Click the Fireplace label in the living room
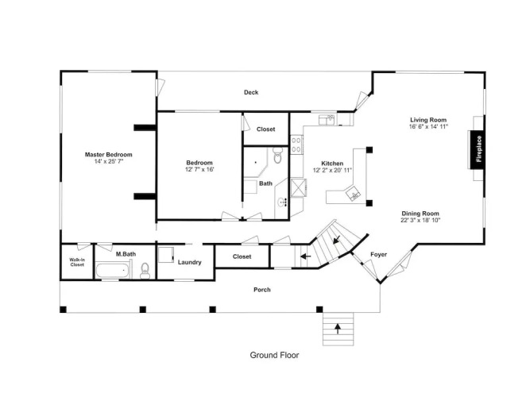tap(478, 149)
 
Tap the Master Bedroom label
tap(109, 155)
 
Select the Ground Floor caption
tap(274, 355)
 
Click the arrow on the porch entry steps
tap(338, 329)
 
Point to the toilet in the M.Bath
tap(145, 271)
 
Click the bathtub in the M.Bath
tap(112, 272)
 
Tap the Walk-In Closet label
tap(77, 262)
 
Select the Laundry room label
tap(190, 262)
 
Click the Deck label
tap(251, 92)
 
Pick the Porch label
tap(262, 290)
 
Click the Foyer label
tap(378, 254)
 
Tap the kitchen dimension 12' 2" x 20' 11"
tap(332, 170)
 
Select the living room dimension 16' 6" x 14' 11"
tap(428, 127)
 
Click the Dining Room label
tap(420, 214)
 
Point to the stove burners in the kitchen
tap(296, 145)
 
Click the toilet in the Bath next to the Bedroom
tap(277, 155)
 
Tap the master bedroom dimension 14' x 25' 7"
tap(109, 161)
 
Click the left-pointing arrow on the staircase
tap(306, 256)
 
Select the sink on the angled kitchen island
tap(354, 194)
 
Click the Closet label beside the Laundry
tap(242, 256)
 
